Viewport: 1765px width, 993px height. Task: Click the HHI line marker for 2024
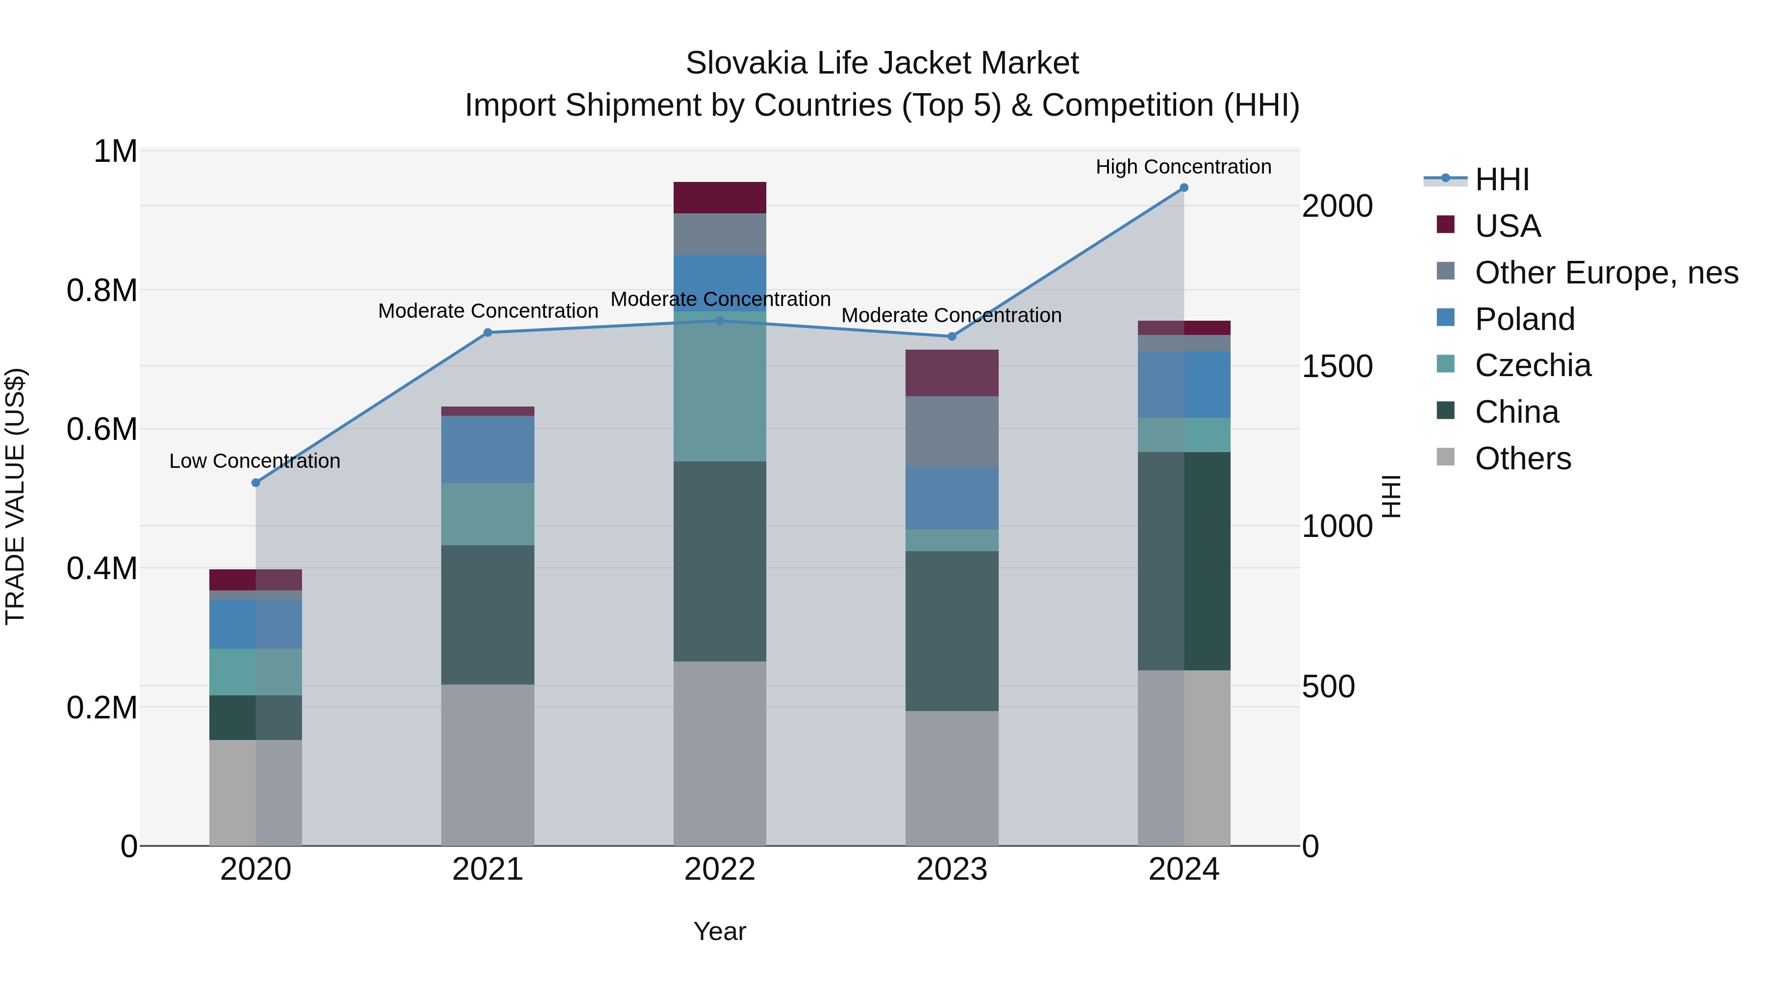coord(1184,188)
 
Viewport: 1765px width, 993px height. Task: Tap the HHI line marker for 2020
coord(255,483)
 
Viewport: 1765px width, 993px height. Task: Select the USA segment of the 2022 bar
coord(719,197)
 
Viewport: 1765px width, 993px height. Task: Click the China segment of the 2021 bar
coord(487,615)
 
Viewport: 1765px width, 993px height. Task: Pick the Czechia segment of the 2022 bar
coord(719,386)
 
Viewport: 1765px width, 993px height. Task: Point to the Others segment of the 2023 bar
coord(952,778)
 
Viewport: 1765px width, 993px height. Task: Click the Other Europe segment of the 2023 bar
coord(952,431)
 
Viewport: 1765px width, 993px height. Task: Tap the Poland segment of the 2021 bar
coord(487,450)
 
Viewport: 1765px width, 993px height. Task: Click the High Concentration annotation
coord(1184,167)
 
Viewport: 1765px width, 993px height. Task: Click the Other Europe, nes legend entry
coord(1606,273)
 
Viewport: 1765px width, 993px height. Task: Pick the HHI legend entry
coord(1502,179)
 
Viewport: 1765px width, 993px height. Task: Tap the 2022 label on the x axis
coord(719,869)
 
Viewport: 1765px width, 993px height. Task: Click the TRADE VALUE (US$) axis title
coord(15,496)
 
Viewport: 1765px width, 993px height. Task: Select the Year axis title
coord(719,931)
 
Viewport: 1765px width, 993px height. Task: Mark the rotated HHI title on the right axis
coord(1391,496)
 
